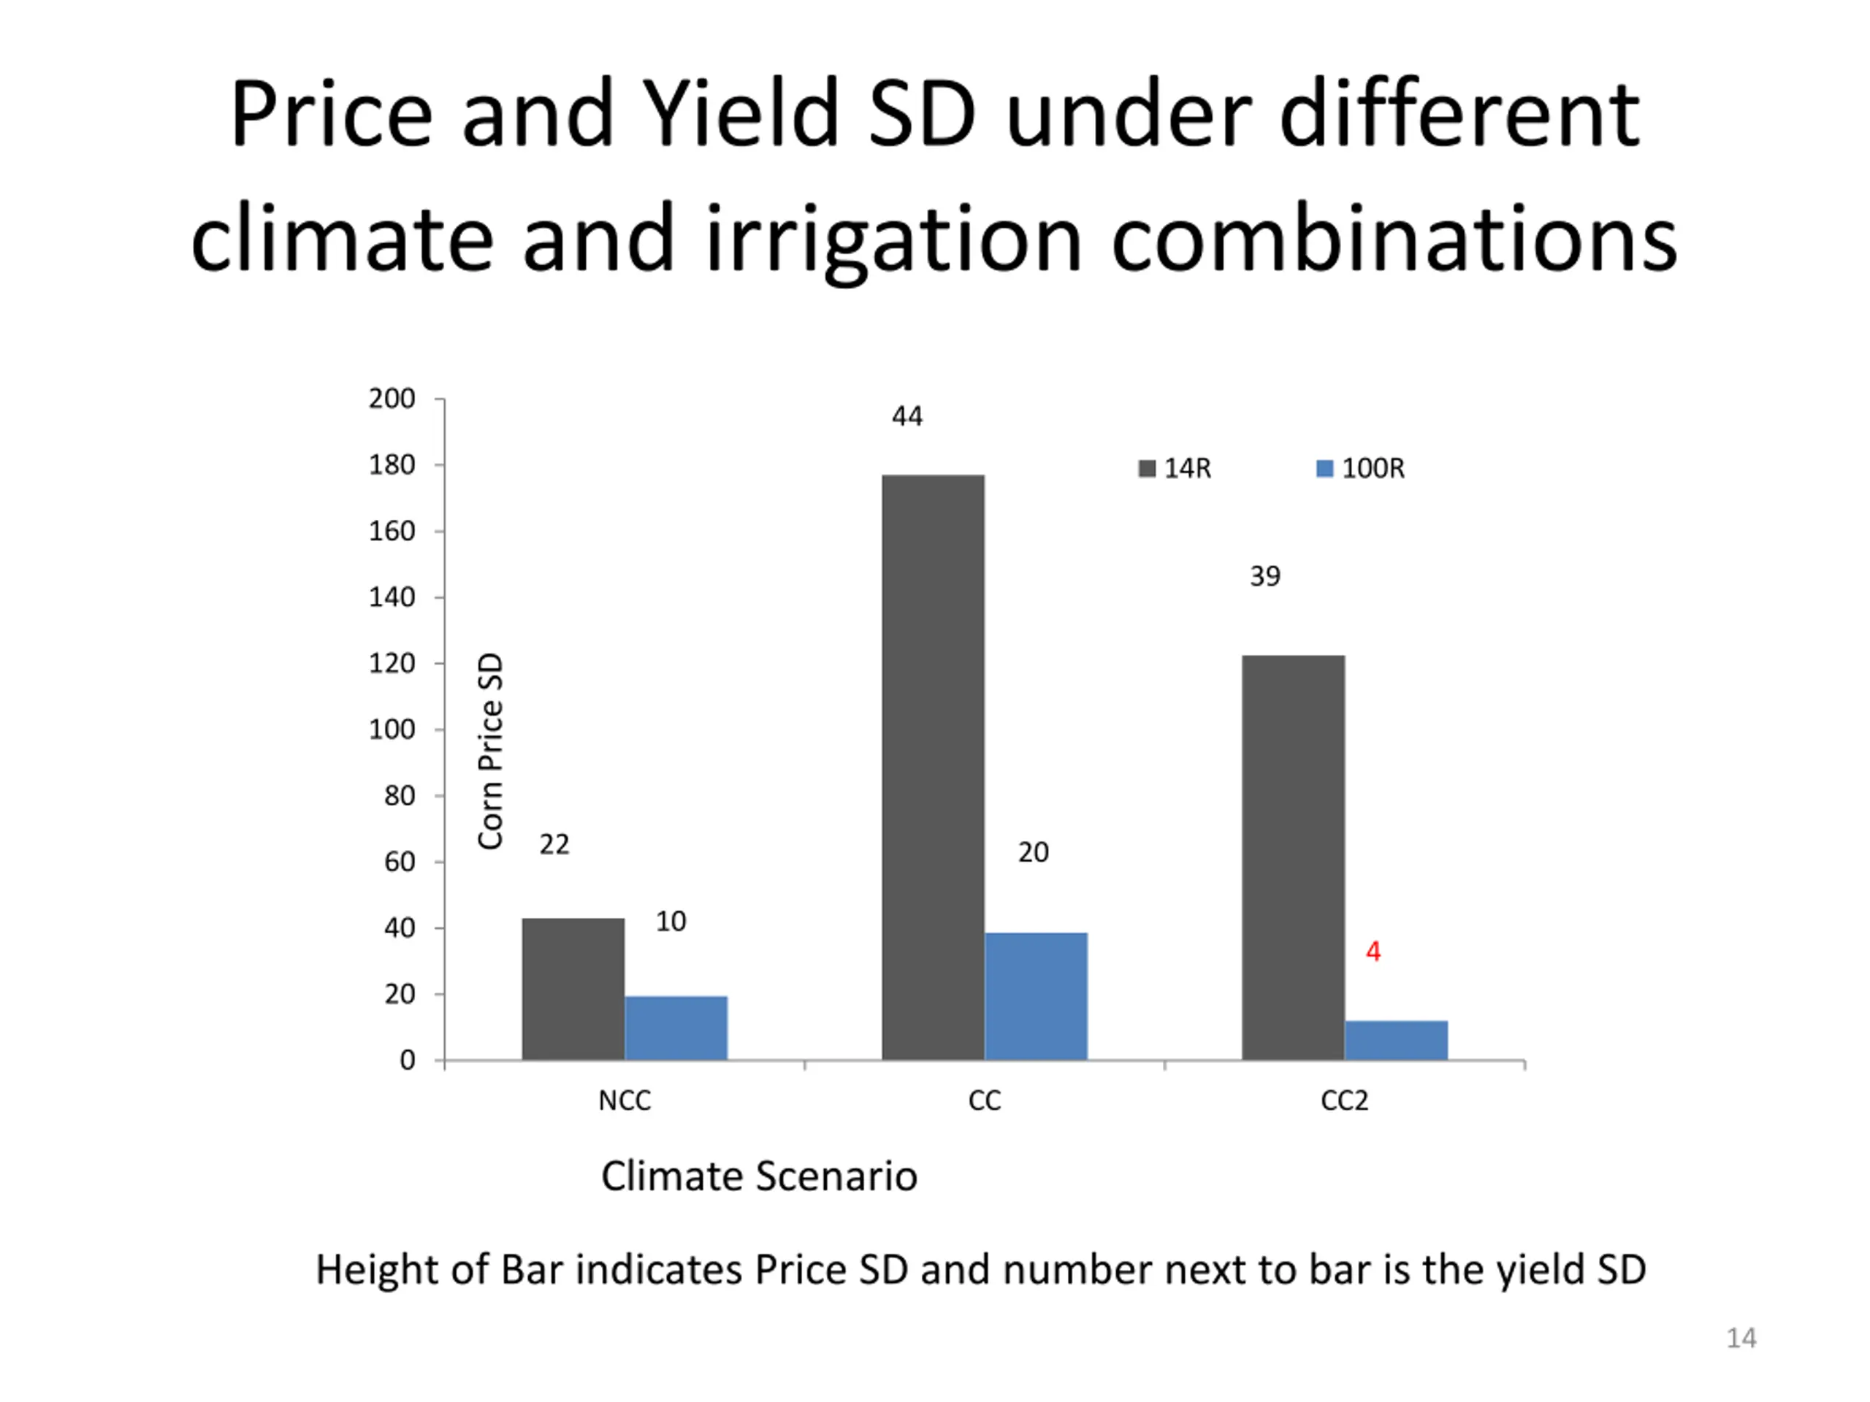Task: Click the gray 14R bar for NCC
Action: point(573,989)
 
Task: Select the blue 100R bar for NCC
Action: point(676,1027)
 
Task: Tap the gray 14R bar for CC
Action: point(933,767)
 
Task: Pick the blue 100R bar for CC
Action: point(1036,996)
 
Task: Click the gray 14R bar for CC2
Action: point(1293,857)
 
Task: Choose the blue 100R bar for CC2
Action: point(1396,1041)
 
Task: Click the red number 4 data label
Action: point(1373,951)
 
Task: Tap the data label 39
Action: point(1264,576)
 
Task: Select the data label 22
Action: point(554,844)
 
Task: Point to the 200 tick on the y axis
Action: point(392,399)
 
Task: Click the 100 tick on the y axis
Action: point(392,729)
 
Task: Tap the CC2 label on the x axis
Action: point(1344,1100)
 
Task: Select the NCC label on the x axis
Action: point(624,1100)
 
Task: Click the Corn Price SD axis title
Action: point(490,751)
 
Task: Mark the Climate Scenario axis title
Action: point(758,1176)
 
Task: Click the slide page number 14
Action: point(1741,1338)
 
